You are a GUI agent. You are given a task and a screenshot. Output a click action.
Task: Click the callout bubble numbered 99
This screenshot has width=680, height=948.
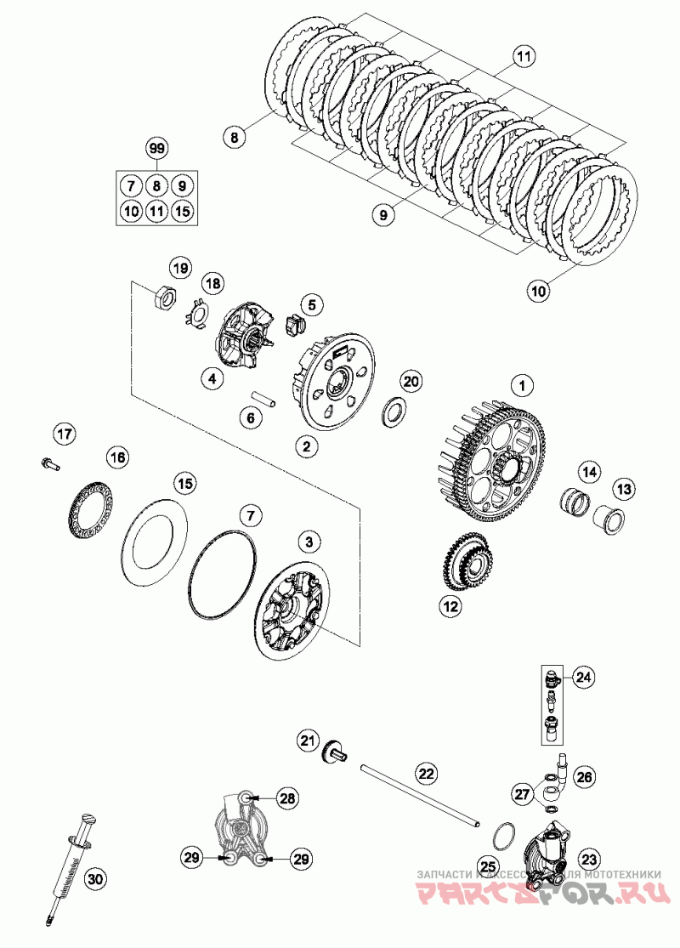(x=156, y=149)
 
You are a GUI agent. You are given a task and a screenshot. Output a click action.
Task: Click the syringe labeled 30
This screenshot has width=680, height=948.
(x=70, y=867)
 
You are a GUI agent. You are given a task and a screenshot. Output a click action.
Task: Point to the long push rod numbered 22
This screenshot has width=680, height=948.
(x=421, y=794)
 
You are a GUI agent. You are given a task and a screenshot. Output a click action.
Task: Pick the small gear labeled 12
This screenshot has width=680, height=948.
(x=466, y=565)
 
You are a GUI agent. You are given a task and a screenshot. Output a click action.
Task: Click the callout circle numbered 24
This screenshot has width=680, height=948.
(x=582, y=678)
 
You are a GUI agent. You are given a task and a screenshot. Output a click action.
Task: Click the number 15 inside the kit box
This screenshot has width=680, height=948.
(x=182, y=210)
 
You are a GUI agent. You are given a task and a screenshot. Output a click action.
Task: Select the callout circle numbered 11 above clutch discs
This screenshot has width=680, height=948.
(x=524, y=58)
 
